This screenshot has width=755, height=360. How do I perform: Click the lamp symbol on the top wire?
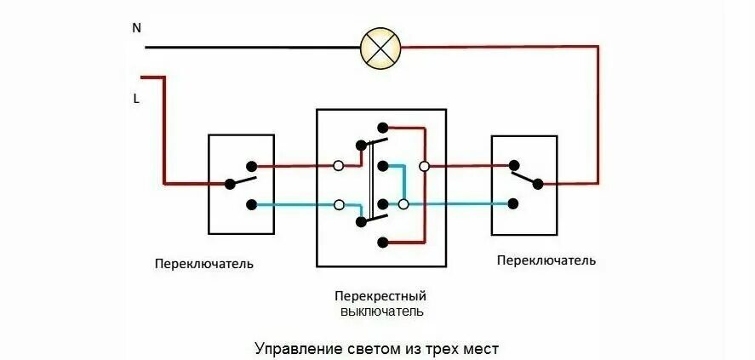coord(379,47)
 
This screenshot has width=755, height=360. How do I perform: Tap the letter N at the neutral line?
coord(136,28)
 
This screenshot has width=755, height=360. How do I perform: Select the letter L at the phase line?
coord(136,99)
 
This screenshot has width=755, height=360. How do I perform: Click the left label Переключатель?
coord(203,263)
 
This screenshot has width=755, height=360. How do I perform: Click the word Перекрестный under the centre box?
coord(380,296)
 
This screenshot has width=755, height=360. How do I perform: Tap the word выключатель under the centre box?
coord(380,311)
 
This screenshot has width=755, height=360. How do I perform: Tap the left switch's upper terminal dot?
coord(251,166)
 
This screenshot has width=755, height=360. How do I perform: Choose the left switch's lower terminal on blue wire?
coord(251,204)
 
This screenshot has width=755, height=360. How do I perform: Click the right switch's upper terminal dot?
coord(513,166)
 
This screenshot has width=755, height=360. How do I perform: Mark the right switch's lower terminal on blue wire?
coord(513,203)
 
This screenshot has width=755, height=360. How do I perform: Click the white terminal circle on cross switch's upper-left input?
coord(339,166)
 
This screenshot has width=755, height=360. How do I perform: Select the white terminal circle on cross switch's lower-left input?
coord(340,204)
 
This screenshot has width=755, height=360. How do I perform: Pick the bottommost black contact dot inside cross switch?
coord(384,243)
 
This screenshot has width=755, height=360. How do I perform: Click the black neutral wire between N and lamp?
coord(255,47)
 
